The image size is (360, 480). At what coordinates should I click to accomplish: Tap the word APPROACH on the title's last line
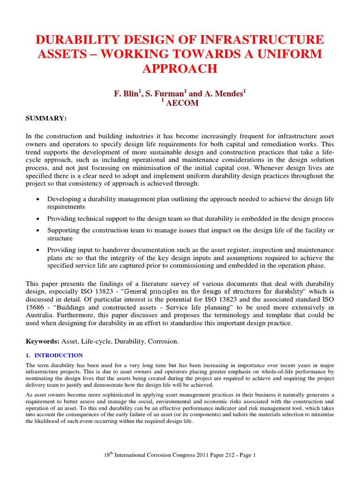click(x=180, y=68)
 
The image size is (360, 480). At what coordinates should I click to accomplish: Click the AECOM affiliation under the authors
click(x=182, y=103)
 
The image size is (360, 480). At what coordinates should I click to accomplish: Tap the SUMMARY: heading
click(x=46, y=118)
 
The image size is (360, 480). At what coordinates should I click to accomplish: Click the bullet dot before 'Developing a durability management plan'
click(x=37, y=200)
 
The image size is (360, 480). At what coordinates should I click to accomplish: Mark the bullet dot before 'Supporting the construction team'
click(x=37, y=231)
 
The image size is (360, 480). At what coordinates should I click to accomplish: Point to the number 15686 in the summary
click(x=35, y=307)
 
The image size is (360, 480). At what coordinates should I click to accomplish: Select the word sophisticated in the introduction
click(x=109, y=395)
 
